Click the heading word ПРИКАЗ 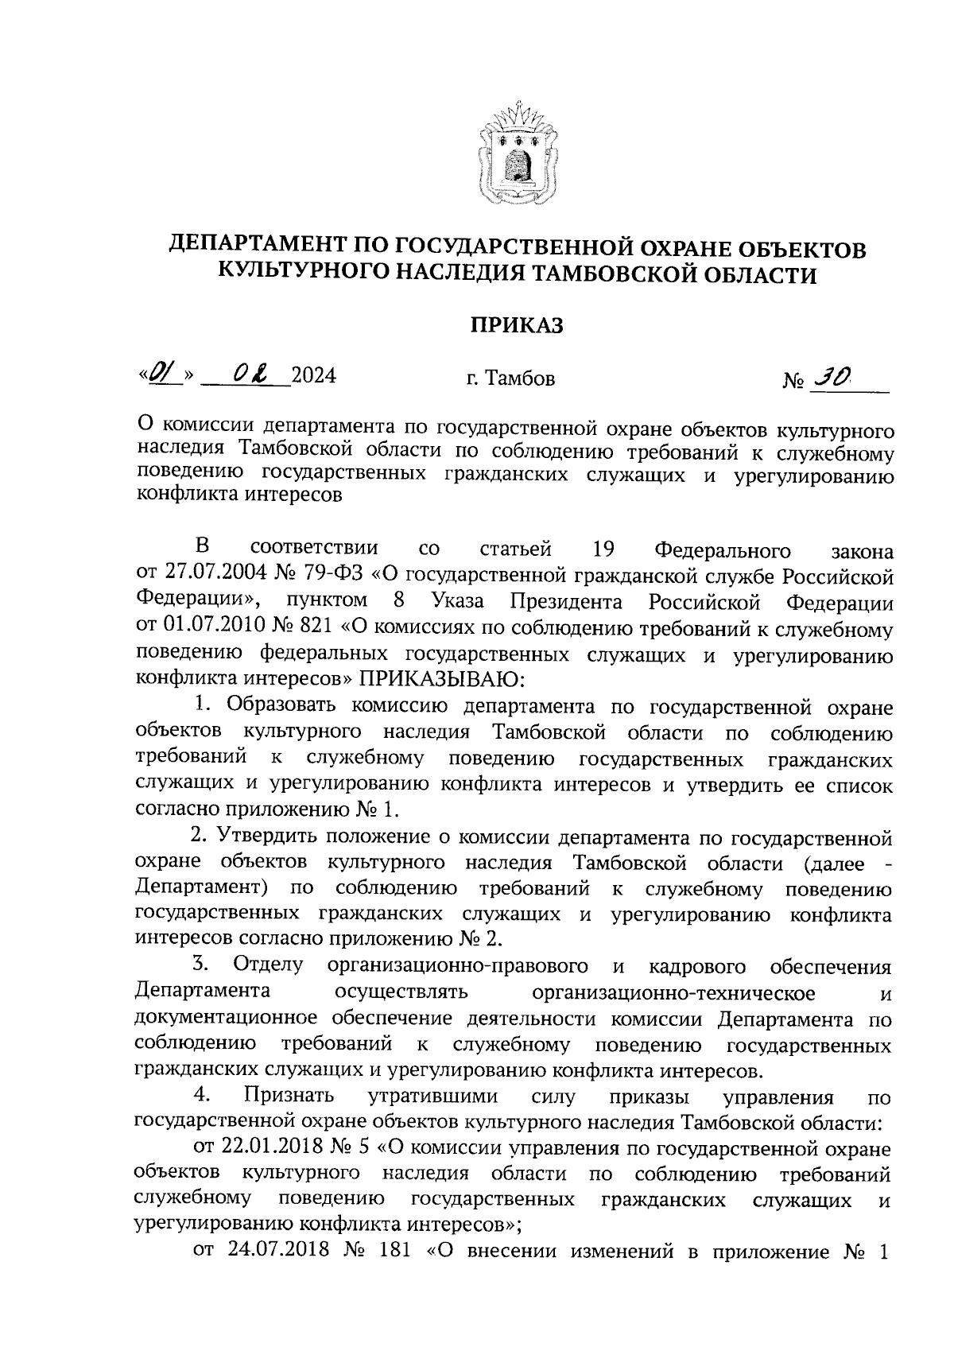(x=517, y=324)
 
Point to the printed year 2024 (x=313, y=375)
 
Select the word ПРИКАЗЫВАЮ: (x=442, y=678)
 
